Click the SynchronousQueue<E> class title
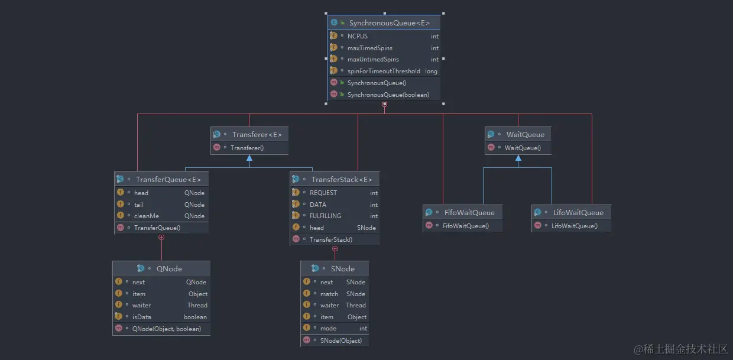coord(389,23)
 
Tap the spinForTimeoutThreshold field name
coord(384,71)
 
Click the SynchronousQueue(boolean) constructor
coord(388,95)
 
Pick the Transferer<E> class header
coord(257,135)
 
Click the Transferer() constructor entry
coord(247,148)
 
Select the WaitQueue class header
coord(525,135)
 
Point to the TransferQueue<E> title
coord(168,180)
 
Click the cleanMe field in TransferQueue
coord(146,216)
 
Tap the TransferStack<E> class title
coord(342,180)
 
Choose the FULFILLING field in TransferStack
coord(325,216)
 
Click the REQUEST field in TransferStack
coord(323,193)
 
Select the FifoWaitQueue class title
coord(469,213)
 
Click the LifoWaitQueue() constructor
coord(574,226)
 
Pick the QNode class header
coord(169,269)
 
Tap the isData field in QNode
coord(142,317)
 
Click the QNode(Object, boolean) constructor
coord(166,329)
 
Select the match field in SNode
coord(329,294)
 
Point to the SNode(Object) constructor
coord(340,340)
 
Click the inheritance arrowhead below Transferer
coord(249,158)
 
